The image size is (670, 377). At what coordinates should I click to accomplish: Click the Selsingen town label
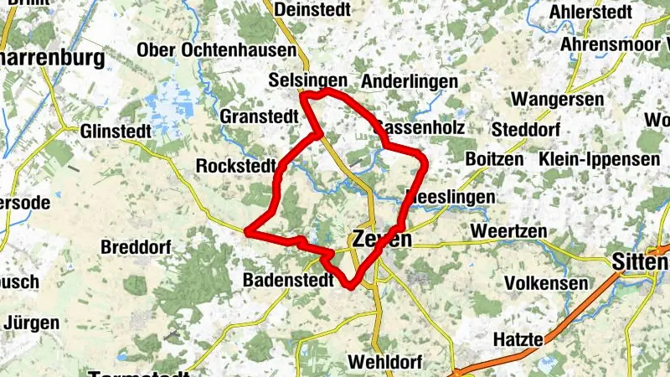[308, 80]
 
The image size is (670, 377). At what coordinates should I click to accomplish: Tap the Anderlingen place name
[410, 81]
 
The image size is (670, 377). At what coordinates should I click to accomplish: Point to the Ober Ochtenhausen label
[216, 50]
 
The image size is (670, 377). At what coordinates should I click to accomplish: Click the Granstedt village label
[259, 116]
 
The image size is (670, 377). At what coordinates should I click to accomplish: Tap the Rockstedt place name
[235, 166]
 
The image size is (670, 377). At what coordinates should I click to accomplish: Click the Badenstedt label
[282, 279]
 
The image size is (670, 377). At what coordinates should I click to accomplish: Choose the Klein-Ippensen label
[600, 158]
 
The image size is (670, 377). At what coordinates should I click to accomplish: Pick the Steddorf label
[524, 130]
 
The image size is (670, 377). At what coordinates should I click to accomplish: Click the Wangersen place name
[558, 100]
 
